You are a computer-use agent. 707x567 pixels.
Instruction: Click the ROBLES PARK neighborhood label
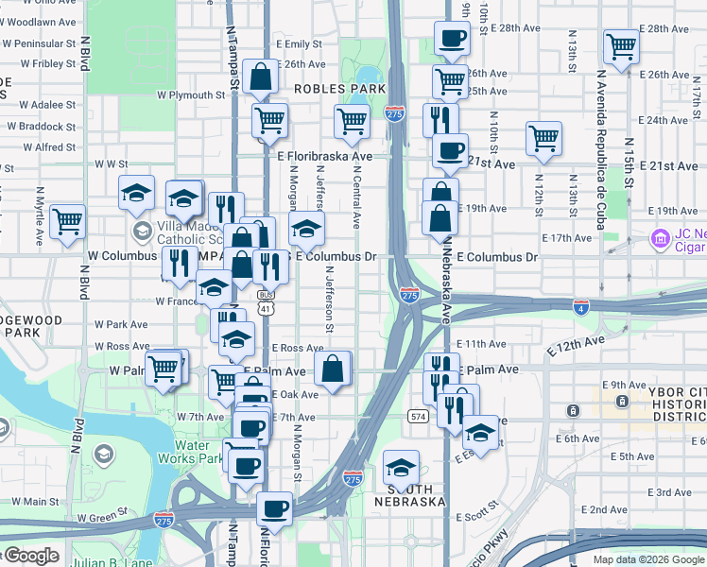pyautogui.click(x=339, y=88)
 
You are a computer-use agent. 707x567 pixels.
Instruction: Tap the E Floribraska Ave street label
pyautogui.click(x=324, y=156)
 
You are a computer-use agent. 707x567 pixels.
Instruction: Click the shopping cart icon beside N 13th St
pyautogui.click(x=621, y=46)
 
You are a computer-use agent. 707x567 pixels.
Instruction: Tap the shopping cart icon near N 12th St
pyautogui.click(x=544, y=138)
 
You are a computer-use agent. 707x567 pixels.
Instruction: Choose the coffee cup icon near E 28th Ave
pyautogui.click(x=451, y=38)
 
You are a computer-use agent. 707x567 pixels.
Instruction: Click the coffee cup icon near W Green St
pyautogui.click(x=275, y=507)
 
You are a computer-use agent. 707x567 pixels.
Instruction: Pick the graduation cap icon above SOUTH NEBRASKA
pyautogui.click(x=401, y=467)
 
